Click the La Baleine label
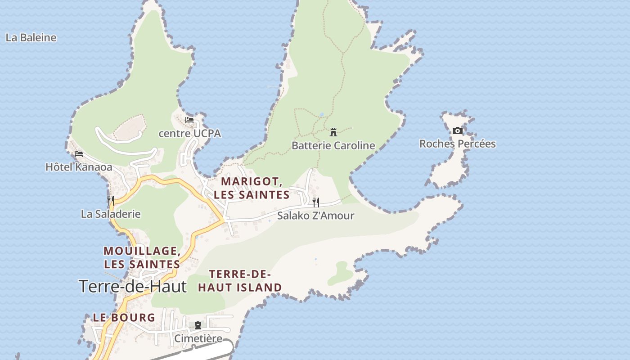(31, 38)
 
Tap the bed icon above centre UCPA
(189, 120)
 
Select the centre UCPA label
(190, 134)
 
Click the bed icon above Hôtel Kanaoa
(79, 154)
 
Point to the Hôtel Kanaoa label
(79, 167)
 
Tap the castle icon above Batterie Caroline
(333, 132)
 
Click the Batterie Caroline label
(333, 145)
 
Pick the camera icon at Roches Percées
(458, 131)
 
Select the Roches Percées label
(458, 144)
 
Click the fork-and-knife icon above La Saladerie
(111, 200)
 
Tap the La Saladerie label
(111, 214)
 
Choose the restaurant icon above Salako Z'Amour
(316, 202)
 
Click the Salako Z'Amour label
(316, 216)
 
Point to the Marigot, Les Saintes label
(252, 188)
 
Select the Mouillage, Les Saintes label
(142, 257)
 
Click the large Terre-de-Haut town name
(133, 286)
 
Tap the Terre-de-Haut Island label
(240, 281)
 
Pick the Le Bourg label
(124, 318)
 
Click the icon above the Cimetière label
(198, 325)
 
